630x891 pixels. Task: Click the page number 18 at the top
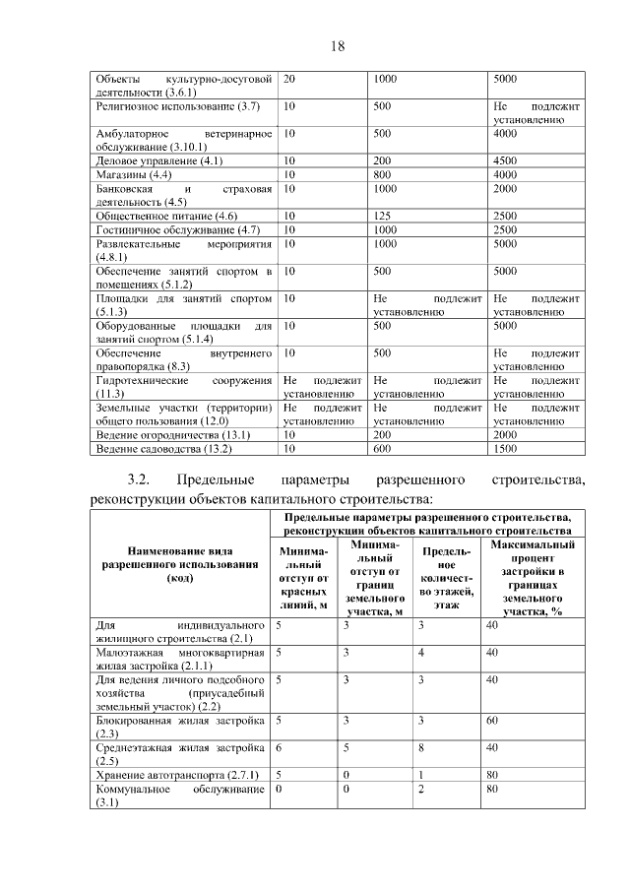(x=336, y=45)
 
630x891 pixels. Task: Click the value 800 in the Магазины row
(x=384, y=174)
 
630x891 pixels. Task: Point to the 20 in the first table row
(x=289, y=78)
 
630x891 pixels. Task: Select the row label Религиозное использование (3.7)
(x=177, y=105)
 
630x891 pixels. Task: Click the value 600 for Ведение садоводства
(x=384, y=449)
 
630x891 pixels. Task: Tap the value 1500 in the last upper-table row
(x=505, y=449)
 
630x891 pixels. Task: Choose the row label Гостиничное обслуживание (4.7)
(x=176, y=229)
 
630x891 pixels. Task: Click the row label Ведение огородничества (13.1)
(x=172, y=435)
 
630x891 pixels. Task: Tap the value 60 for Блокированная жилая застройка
(x=491, y=721)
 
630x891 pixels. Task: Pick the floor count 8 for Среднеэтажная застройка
(x=420, y=748)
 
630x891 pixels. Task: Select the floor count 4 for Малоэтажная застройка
(x=420, y=652)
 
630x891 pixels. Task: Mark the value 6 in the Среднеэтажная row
(x=280, y=748)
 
